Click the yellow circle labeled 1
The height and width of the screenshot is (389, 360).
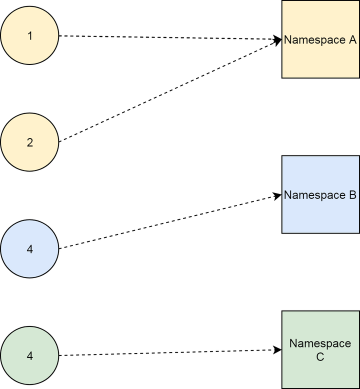(30, 35)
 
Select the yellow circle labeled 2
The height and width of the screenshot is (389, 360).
(30, 142)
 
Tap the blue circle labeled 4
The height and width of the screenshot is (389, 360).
(30, 249)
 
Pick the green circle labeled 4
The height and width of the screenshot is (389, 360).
(30, 355)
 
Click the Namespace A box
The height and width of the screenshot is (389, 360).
(320, 39)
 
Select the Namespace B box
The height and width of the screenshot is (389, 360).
(320, 194)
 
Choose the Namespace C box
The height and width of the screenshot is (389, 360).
(320, 350)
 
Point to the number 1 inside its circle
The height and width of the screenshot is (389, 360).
(30, 36)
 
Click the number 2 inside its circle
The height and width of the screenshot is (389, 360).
(30, 142)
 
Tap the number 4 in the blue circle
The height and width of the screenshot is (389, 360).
(30, 249)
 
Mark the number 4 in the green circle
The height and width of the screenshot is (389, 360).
(30, 356)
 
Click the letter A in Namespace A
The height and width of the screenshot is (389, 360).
(352, 39)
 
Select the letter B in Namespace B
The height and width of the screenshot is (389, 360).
(352, 195)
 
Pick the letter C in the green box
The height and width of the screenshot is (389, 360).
(320, 357)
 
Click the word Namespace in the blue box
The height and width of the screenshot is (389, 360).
(315, 195)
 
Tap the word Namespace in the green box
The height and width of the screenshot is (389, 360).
(320, 344)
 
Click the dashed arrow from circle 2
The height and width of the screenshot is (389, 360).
(170, 90)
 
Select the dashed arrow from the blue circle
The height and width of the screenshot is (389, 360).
(170, 222)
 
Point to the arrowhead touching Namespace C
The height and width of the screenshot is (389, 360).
(277, 350)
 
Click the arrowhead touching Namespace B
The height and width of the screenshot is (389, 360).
(277, 196)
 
